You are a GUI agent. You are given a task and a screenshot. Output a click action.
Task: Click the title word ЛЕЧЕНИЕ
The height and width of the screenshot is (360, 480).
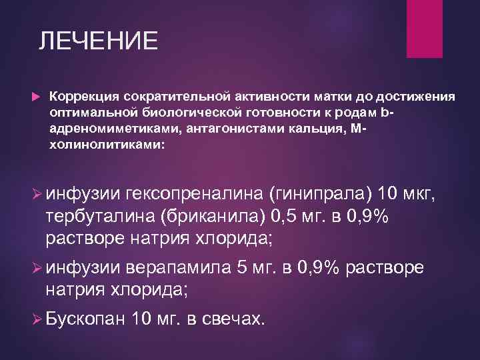[98, 41]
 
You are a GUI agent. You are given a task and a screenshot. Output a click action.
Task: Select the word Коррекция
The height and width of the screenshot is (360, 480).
[83, 97]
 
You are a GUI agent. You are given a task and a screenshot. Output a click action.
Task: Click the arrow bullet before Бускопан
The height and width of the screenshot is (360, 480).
[38, 319]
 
